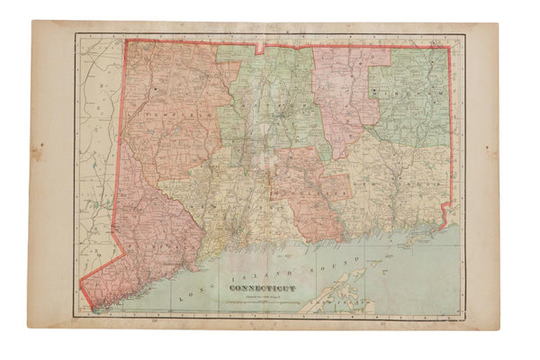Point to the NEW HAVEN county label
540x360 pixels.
(x=236, y=205)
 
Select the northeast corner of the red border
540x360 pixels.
(x=448, y=48)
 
